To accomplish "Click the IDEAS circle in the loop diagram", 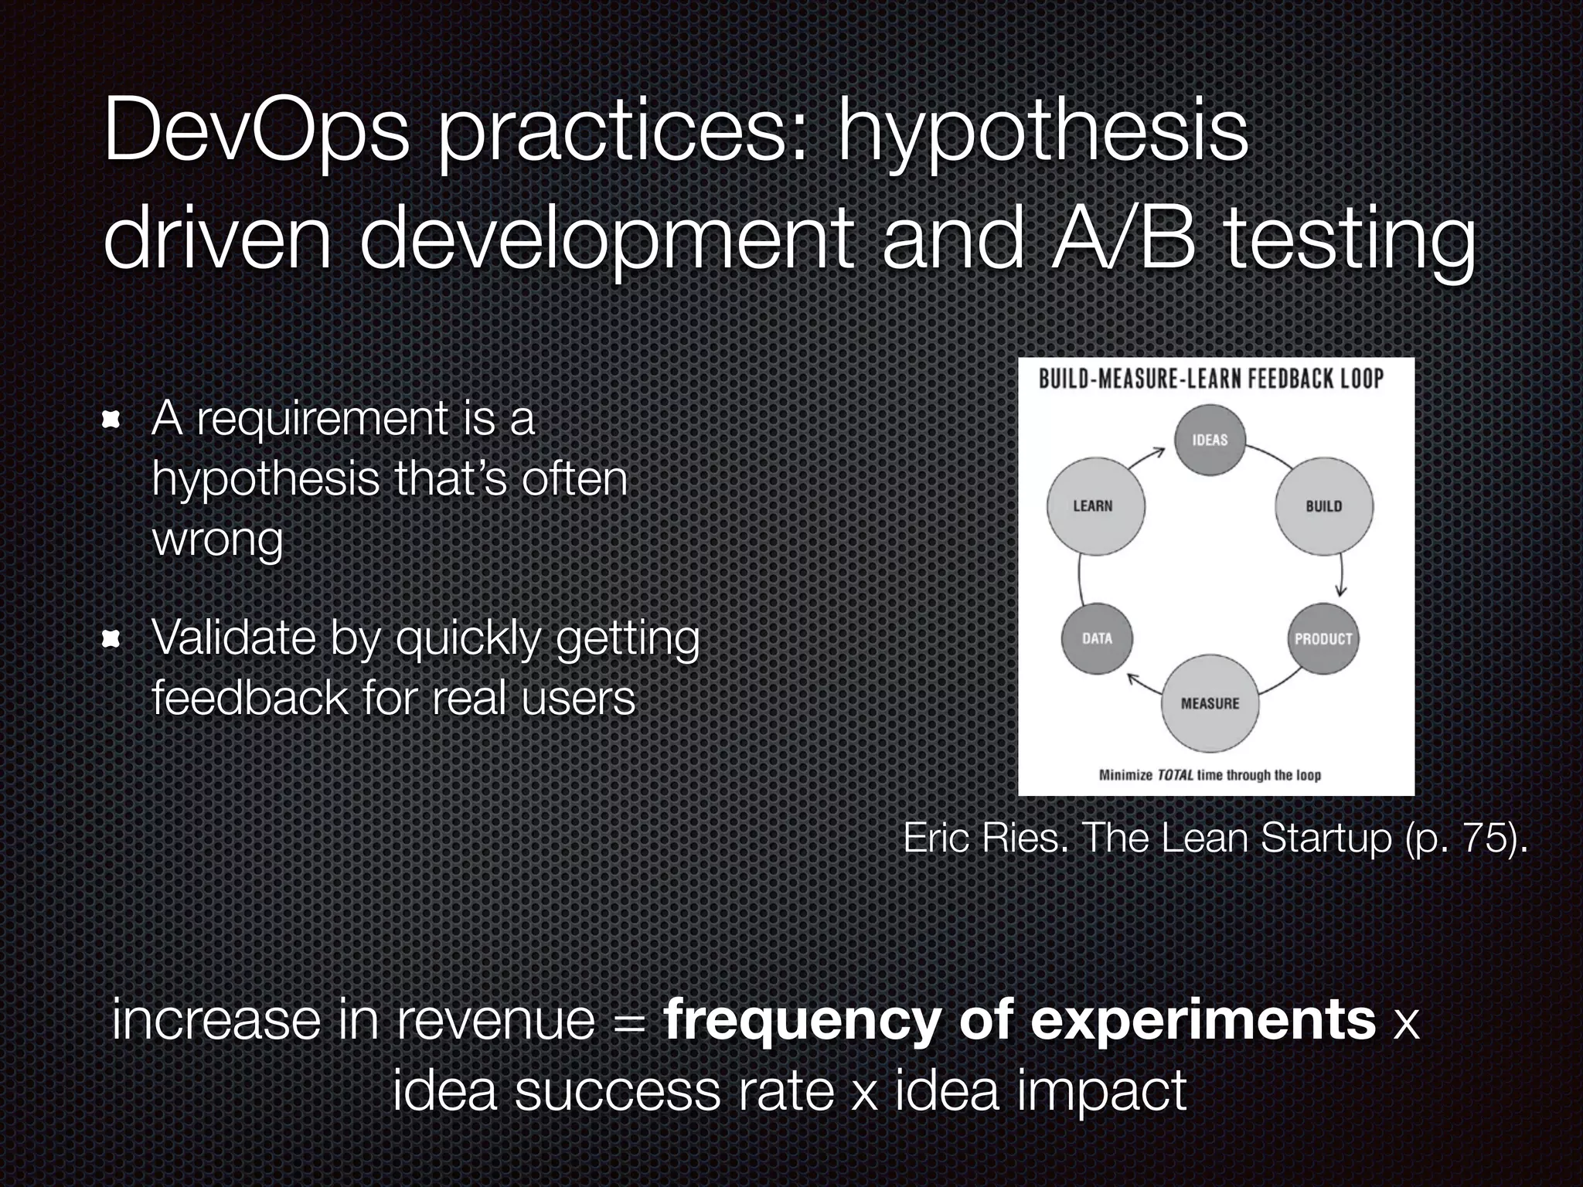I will [1210, 440].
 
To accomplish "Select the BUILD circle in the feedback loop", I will [1323, 506].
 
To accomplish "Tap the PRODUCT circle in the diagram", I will [1323, 639].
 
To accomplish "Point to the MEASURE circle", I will [1210, 703].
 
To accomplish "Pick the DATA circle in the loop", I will [1097, 638].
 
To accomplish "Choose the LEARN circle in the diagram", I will [1095, 506].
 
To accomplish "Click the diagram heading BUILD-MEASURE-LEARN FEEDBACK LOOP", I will [1210, 379].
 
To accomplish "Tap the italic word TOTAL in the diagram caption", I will [1175, 775].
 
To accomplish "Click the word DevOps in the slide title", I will [256, 131].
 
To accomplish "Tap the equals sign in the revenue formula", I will [629, 1021].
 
